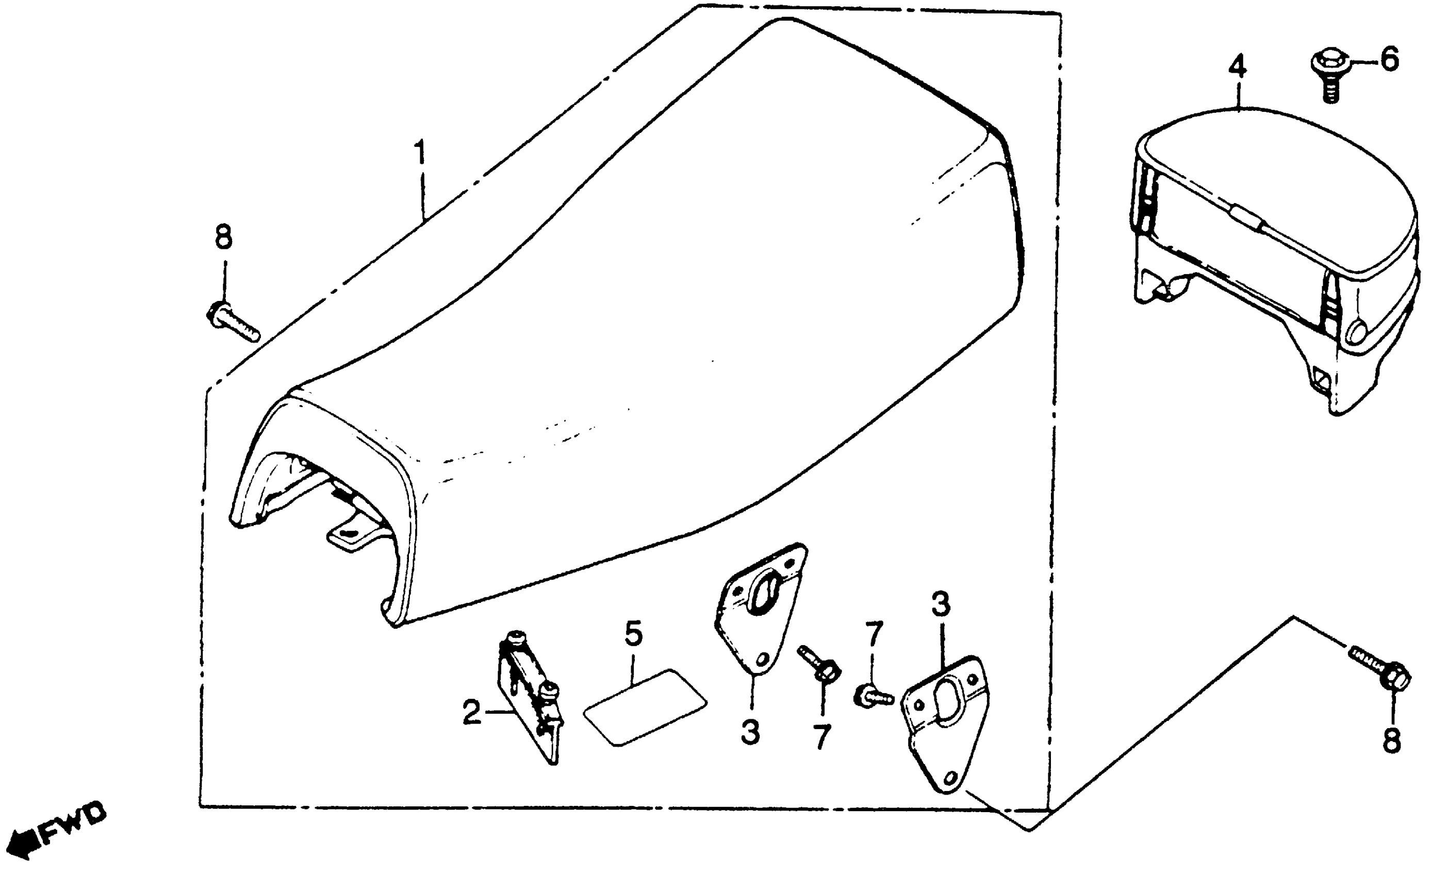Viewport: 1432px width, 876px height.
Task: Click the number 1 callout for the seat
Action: click(x=420, y=152)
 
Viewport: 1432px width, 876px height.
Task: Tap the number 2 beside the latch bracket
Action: click(x=472, y=713)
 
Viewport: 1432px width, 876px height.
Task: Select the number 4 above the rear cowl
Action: click(x=1238, y=67)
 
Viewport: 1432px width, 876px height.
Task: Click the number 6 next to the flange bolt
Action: click(x=1389, y=59)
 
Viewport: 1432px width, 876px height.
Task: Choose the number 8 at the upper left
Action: click(x=224, y=237)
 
